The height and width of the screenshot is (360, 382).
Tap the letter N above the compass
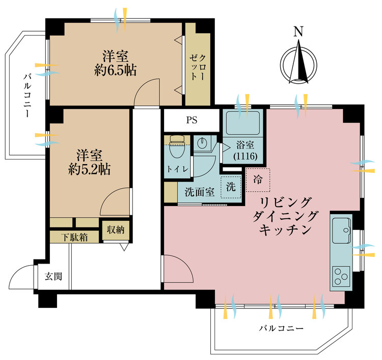[x=299, y=32]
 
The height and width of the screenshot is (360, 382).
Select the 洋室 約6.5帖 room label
[x=115, y=63]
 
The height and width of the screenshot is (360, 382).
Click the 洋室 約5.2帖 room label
[x=91, y=162]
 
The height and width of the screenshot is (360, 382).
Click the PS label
[x=192, y=121]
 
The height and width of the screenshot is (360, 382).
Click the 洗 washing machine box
[x=231, y=187]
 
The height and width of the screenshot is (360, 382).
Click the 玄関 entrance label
[x=53, y=277]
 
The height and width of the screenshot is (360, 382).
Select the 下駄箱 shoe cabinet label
[x=74, y=237]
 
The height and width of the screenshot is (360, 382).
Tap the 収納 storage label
[x=115, y=229]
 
